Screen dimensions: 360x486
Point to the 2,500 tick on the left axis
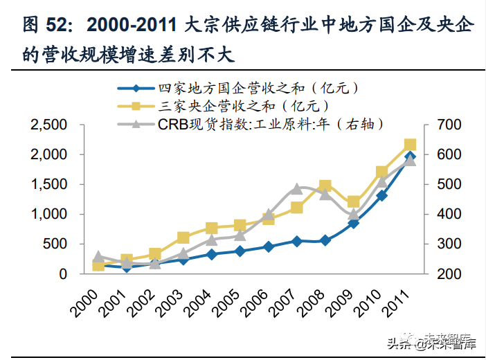pos(48,125)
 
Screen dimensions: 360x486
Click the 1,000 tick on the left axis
pos(48,215)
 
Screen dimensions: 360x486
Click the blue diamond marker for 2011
pos(410,156)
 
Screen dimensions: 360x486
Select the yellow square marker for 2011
pos(410,145)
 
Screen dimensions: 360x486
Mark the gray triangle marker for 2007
pos(296,188)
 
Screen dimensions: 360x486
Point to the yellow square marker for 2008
pos(325,186)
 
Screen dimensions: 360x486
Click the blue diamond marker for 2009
pos(353,223)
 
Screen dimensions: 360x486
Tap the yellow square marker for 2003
pos(183,238)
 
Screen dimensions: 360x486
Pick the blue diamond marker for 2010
pos(381,196)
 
